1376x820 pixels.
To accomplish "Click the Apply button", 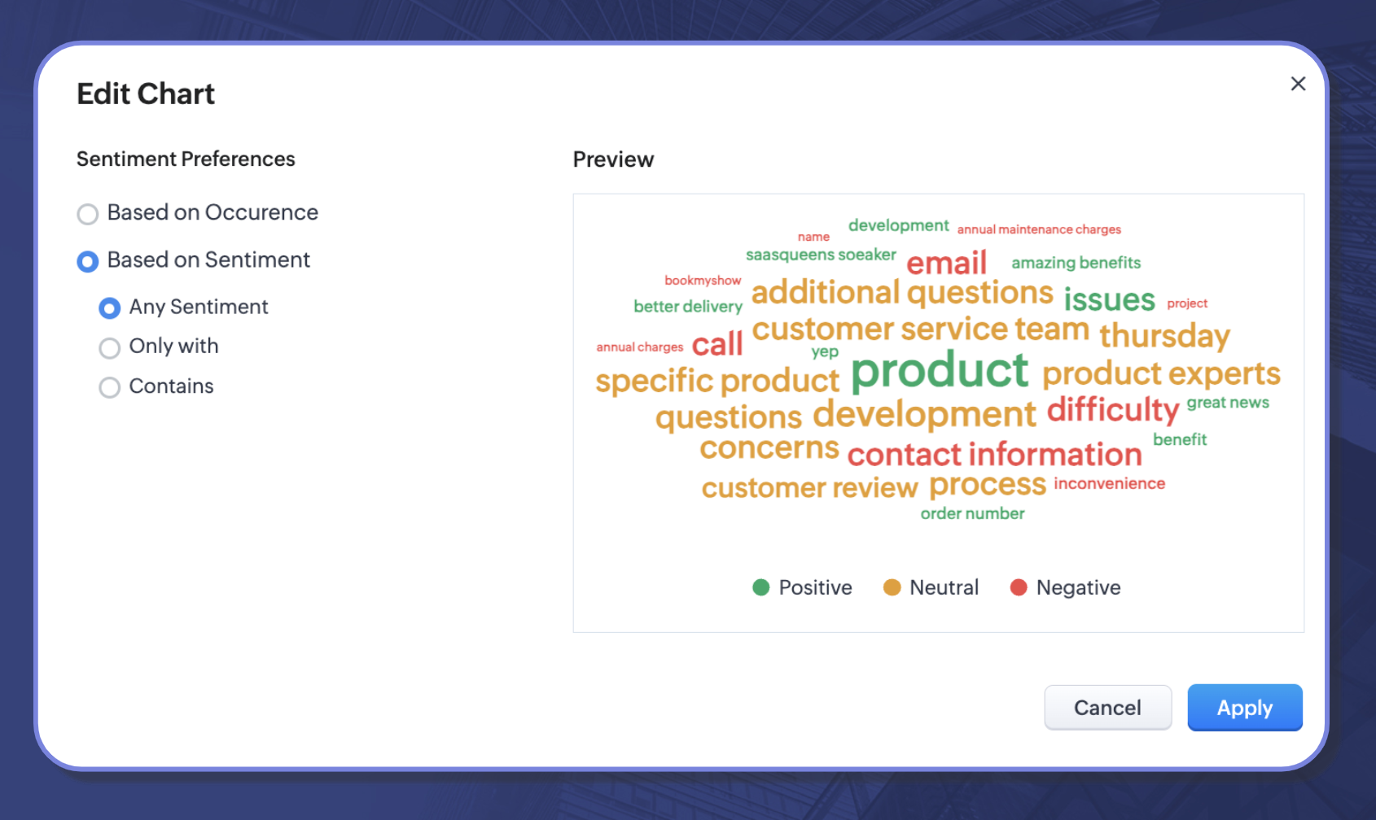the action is point(1245,707).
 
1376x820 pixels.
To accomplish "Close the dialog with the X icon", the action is point(1298,84).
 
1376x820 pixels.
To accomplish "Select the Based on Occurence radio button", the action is point(87,214).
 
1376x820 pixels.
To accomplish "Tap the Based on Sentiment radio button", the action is point(87,261).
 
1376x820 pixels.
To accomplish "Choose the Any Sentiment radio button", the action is point(109,307).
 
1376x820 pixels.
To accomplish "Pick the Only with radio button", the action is point(109,347).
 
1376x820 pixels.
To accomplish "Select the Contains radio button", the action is point(109,387).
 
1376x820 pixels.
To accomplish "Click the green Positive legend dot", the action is point(761,587).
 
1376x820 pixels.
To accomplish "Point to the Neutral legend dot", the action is point(892,587).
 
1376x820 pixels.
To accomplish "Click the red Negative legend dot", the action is point(1019,587).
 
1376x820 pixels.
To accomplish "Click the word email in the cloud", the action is point(947,263).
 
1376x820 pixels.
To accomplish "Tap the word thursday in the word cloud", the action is point(1164,336).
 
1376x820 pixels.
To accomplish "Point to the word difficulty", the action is point(1113,409).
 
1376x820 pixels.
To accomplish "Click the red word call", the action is point(717,344).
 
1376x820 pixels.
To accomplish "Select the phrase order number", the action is point(972,513).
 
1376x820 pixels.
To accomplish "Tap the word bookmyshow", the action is point(703,281).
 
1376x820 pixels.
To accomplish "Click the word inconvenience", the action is point(1110,484).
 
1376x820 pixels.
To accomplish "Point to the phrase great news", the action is point(1227,403).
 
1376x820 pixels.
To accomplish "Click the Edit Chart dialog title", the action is point(146,94).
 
